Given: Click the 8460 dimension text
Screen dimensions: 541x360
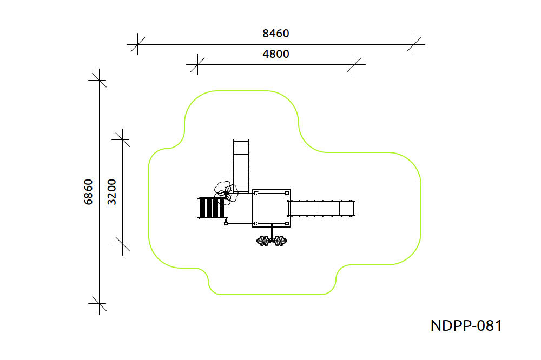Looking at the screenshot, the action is click(276, 34).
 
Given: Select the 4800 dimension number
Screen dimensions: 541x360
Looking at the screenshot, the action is click(276, 54).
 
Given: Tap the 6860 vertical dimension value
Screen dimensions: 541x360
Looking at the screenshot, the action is click(89, 192).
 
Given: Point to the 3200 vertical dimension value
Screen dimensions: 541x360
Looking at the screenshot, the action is click(112, 192).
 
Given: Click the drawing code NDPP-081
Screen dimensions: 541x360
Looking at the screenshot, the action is click(466, 325).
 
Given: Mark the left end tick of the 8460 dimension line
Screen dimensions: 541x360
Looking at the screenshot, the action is click(137, 44).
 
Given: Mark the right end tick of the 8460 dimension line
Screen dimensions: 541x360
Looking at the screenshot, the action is click(414, 44).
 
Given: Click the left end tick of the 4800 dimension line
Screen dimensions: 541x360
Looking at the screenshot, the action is click(197, 64).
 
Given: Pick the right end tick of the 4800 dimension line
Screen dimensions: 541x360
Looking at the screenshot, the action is click(354, 64).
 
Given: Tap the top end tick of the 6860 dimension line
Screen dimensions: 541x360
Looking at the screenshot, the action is click(100, 80).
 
